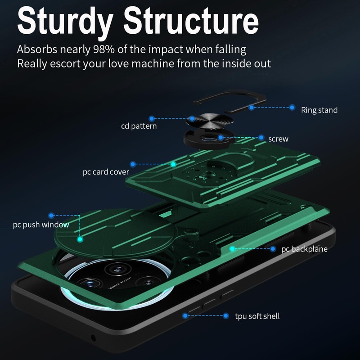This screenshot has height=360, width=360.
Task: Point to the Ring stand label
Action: coord(319,110)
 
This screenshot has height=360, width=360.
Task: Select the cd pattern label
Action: coord(139,126)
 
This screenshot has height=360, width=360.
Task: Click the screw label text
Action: coord(278,139)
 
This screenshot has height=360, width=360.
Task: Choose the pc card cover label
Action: coord(106,172)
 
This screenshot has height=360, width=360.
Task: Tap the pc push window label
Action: coord(41,225)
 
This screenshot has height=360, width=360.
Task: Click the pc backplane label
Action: coord(304,249)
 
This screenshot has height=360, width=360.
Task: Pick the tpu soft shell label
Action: coord(257,316)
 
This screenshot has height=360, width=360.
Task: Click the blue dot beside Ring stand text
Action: coord(292,108)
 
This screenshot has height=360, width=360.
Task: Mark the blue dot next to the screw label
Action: coord(261,137)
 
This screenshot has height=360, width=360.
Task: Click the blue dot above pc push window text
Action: coord(51,216)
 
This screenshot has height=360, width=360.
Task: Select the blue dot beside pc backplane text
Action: coord(273,248)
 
